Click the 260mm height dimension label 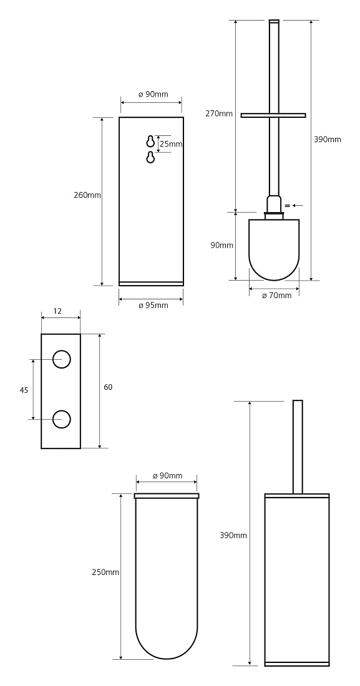[87, 195]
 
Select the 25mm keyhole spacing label [170, 143]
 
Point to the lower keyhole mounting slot [150, 157]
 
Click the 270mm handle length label [219, 114]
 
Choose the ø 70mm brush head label [277, 296]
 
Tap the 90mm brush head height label [221, 246]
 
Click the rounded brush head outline [274, 279]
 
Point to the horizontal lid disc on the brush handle [273, 115]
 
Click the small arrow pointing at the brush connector [298, 205]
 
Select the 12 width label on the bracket [57, 311]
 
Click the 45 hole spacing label [24, 390]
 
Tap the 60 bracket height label [108, 387]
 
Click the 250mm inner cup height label [105, 572]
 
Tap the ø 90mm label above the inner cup [167, 476]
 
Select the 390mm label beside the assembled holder [233, 535]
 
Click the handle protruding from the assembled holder [298, 447]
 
